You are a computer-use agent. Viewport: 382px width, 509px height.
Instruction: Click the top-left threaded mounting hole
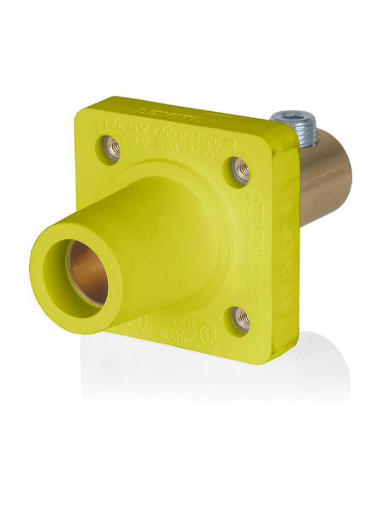[113, 147]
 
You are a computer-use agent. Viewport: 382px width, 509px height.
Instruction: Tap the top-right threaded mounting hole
[241, 171]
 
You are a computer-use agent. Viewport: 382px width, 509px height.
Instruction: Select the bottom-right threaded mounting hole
[241, 318]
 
